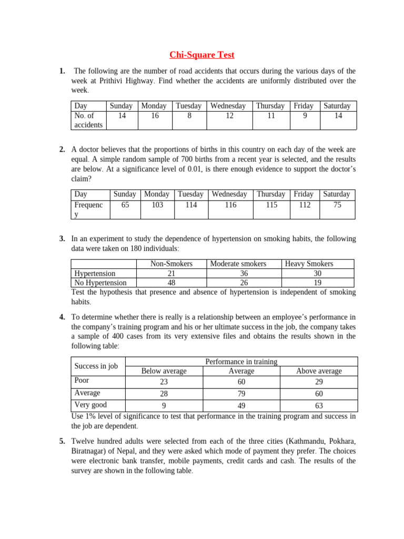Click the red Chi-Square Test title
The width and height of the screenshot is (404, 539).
coord(202,55)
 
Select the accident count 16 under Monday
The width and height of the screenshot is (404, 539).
coord(154,116)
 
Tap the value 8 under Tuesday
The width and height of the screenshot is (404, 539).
coord(189,116)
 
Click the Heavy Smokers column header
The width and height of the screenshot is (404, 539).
coord(309,264)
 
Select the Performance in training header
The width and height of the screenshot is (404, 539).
coord(241,362)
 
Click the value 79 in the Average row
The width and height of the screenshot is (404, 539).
coord(241,394)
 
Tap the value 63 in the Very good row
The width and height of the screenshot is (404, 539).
coord(319,406)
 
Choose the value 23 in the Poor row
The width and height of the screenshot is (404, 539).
coord(164,382)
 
